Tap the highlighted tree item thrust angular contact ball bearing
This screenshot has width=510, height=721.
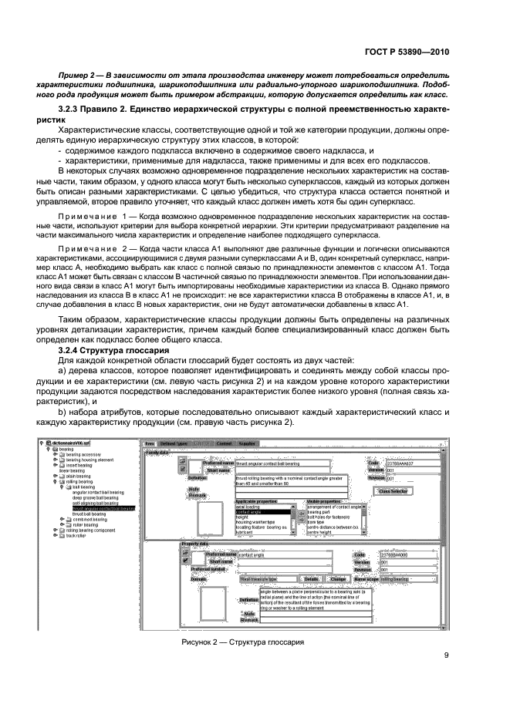103,509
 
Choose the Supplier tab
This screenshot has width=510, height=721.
249,444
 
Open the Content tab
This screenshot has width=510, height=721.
225,444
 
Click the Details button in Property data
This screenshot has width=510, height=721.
312,578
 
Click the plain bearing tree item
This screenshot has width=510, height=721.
79,476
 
